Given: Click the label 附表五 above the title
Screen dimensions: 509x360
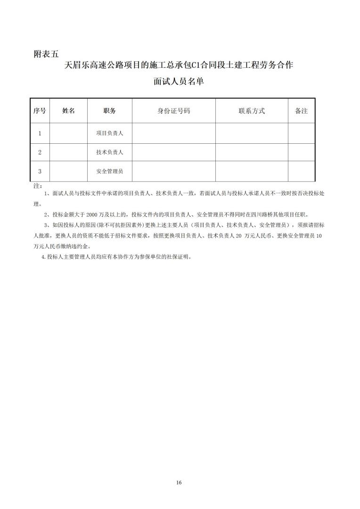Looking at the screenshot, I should pos(47,53).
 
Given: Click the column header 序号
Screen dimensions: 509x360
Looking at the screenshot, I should pos(40,111).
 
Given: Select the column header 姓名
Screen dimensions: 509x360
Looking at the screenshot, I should pos(68,111).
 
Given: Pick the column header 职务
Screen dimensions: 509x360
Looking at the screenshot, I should pos(110,111).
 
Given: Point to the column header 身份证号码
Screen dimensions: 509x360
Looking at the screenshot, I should pos(174,111).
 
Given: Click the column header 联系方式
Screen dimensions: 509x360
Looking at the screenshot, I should pos(252,111).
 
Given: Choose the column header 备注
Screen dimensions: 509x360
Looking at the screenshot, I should pos(301,111).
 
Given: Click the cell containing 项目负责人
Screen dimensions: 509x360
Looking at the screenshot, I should pos(110,133).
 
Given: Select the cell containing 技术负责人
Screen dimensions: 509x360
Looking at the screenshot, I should pos(110,152).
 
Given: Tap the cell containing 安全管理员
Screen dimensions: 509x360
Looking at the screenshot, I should pos(110,172).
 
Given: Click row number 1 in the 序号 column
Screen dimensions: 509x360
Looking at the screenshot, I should pos(40,133).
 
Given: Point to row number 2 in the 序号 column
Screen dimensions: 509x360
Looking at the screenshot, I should pos(40,152).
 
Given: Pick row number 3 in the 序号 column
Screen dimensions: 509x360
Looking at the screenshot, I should pos(40,172).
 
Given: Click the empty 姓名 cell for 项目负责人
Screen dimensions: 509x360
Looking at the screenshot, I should pos(68,133).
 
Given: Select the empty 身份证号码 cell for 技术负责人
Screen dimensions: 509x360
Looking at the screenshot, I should pos(174,152).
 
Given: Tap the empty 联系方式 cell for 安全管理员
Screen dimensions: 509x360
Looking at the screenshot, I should pos(252,172).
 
